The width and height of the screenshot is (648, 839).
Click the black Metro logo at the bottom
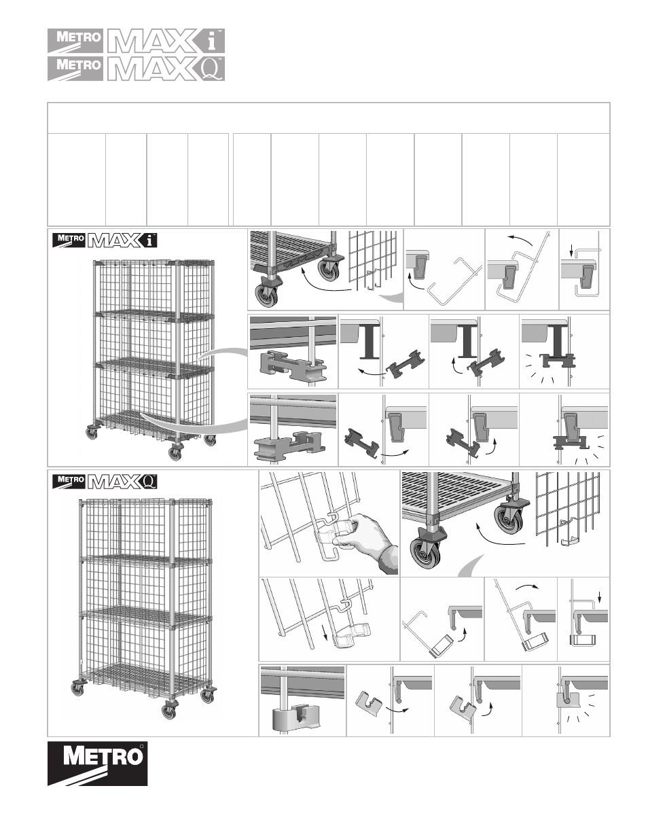(97, 764)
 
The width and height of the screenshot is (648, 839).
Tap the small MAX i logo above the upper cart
(105, 240)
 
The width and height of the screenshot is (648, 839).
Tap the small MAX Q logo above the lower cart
(105, 481)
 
